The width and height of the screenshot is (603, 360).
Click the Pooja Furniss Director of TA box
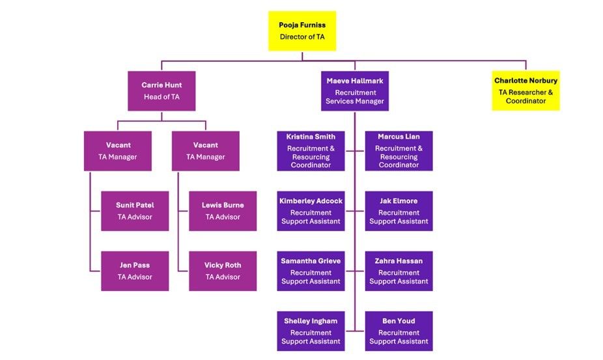tap(302, 31)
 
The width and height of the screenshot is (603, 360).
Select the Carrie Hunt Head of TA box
tap(161, 91)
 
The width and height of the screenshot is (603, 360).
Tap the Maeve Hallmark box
tap(355, 91)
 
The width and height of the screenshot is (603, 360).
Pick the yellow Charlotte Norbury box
tap(526, 91)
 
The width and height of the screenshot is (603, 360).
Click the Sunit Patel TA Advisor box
tap(135, 211)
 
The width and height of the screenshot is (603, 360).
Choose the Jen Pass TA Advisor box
tap(135, 271)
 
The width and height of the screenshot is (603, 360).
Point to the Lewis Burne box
tap(223, 211)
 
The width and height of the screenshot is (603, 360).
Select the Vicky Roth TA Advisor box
tap(223, 271)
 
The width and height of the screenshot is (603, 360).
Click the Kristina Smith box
tap(311, 151)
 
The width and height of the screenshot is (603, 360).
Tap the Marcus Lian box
tap(399, 151)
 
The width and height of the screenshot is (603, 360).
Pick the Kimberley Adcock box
tap(311, 211)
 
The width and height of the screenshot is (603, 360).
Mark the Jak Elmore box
tap(399, 211)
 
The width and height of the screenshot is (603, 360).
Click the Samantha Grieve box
tap(311, 271)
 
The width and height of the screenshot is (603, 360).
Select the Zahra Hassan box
tap(399, 271)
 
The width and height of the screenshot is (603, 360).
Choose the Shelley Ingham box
tap(311, 331)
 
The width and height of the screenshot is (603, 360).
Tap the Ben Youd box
tap(399, 331)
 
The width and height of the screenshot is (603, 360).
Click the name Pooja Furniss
tap(302, 25)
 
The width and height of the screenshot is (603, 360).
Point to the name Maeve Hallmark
tap(355, 81)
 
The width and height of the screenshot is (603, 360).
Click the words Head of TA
tap(161, 97)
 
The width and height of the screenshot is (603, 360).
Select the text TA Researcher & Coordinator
tap(526, 96)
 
